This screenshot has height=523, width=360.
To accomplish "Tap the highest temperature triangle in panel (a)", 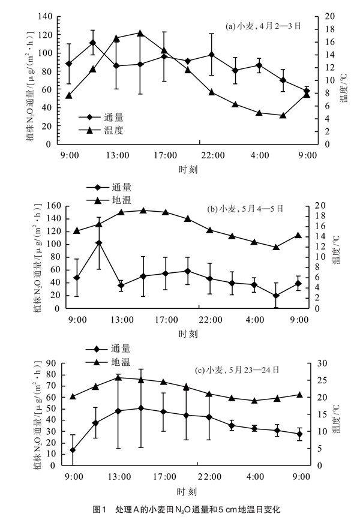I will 139,34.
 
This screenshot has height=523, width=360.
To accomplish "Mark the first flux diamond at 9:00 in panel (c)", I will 73,450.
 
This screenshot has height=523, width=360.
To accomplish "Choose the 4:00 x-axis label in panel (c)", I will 258,477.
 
